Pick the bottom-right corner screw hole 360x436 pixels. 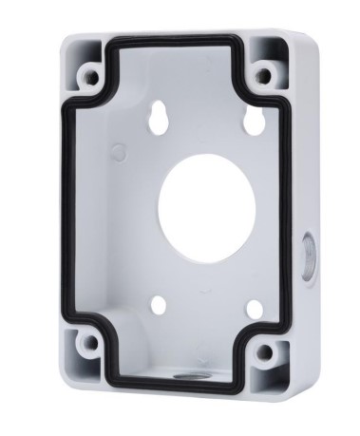click(265, 352)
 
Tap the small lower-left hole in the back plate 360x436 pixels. click(159, 306)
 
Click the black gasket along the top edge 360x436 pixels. click(180, 42)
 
